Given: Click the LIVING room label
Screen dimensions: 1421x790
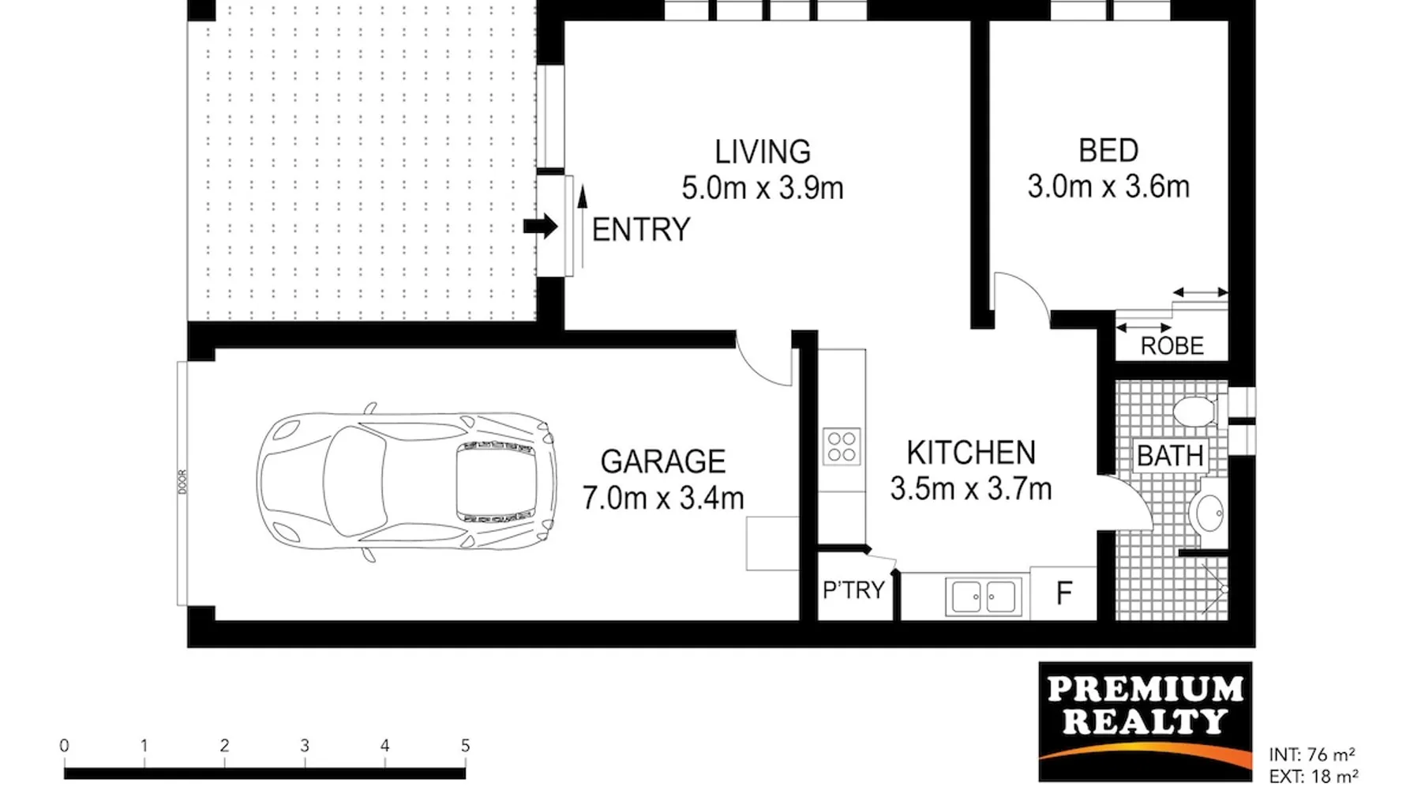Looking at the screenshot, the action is pyautogui.click(x=763, y=152).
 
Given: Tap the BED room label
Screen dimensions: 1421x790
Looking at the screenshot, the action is pyautogui.click(x=1108, y=151).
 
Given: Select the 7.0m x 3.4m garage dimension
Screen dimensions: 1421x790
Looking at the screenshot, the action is pyautogui.click(x=663, y=498).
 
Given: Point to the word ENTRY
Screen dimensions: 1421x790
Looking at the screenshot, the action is pyautogui.click(x=641, y=230).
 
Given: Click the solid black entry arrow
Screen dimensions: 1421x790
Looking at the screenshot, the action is pyautogui.click(x=541, y=227).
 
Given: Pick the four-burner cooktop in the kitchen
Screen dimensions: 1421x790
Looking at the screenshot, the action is pyautogui.click(x=842, y=446).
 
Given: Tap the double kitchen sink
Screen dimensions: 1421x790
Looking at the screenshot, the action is pyautogui.click(x=984, y=596).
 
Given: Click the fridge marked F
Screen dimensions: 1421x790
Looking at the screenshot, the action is pyautogui.click(x=1063, y=593).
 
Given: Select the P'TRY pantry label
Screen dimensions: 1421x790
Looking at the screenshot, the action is pyautogui.click(x=853, y=590).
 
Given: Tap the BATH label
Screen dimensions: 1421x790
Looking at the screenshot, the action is pyautogui.click(x=1170, y=456).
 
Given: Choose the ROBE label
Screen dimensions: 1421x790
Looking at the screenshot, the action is pyautogui.click(x=1172, y=346).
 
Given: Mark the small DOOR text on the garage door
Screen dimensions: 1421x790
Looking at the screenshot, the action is pyautogui.click(x=182, y=482).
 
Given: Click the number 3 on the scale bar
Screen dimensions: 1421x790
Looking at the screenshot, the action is pyautogui.click(x=305, y=745).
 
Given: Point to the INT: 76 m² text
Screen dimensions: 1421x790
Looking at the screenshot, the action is pyautogui.click(x=1312, y=754).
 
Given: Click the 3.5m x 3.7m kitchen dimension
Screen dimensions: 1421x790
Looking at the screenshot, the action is pyautogui.click(x=971, y=489).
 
